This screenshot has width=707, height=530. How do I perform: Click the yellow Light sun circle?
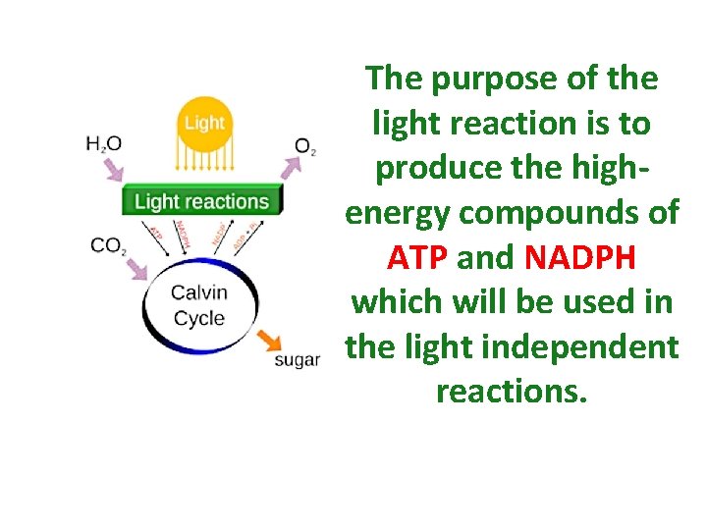tap(203, 124)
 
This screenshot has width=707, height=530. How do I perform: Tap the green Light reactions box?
tap(201, 202)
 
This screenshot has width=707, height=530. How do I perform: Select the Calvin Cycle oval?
tap(199, 305)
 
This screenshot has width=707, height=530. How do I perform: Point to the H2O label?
tap(104, 144)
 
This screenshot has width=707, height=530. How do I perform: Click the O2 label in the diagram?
tap(305, 147)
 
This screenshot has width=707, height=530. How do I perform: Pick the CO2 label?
tap(108, 244)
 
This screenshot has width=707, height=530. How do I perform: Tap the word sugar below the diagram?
tap(297, 360)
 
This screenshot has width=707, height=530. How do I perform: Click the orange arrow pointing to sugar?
tap(269, 342)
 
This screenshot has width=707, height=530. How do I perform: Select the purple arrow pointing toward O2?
tap(292, 170)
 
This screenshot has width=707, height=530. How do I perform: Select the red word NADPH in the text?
tap(580, 257)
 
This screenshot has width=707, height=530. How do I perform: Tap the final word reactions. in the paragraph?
tap(512, 391)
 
